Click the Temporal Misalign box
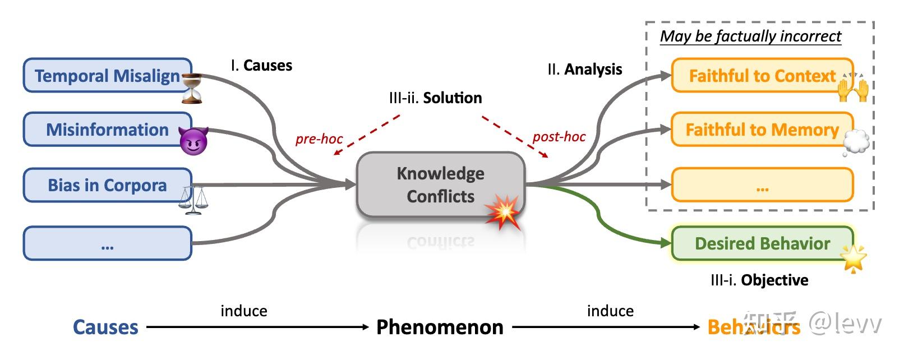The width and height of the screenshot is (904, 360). (107, 76)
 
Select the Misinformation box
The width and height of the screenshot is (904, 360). (107, 130)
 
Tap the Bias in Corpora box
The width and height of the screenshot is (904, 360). (107, 185)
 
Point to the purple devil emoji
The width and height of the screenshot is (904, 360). (193, 140)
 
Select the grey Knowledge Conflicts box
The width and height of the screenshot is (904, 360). (440, 184)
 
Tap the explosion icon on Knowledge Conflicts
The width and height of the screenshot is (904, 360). (503, 211)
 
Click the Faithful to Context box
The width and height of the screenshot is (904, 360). (762, 76)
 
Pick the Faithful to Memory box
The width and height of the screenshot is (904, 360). (762, 130)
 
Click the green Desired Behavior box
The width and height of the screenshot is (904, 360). (762, 243)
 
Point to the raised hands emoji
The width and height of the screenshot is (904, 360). (853, 88)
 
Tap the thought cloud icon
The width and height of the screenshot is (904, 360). (856, 142)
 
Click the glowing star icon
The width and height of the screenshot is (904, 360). (854, 259)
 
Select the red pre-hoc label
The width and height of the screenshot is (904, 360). (319, 139)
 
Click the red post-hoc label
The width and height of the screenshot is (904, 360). (559, 136)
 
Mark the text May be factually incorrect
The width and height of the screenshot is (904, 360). (750, 36)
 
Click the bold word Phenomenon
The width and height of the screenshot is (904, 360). (440, 327)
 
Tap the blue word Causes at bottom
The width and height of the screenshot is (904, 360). (105, 327)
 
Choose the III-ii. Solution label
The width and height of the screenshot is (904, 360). (435, 98)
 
